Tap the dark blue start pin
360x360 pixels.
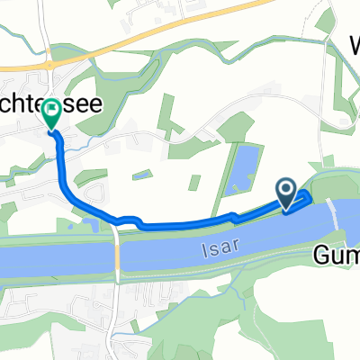(x=287, y=191)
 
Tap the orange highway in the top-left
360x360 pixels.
(x=27, y=67)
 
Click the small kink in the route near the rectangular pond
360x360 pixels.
(x=234, y=216)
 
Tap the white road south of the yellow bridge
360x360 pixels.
(x=112, y=315)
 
